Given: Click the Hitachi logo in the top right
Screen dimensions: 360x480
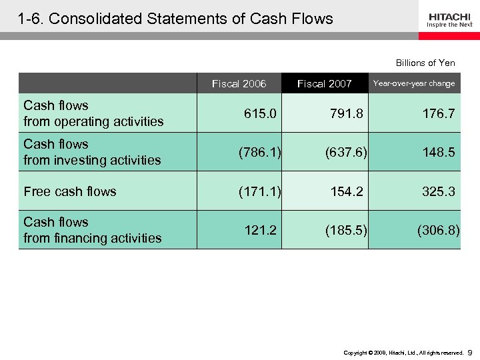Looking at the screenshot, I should (450, 20).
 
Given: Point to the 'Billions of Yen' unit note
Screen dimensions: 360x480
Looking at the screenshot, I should (425, 63).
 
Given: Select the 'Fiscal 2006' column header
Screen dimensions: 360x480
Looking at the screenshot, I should (239, 83).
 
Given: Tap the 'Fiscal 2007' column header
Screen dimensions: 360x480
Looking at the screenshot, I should (324, 83).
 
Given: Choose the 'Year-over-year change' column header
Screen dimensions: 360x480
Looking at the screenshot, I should (414, 83).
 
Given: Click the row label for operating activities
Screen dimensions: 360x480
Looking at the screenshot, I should (93, 113).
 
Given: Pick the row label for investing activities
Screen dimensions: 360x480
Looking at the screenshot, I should (92, 152).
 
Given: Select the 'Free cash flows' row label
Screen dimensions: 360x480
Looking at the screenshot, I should (70, 191).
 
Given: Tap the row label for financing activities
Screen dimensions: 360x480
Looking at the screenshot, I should (92, 230).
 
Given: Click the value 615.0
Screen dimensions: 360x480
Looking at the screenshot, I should (260, 114).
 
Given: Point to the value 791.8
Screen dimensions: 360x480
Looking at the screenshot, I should (347, 114).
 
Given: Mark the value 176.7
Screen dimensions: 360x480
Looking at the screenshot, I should (439, 114).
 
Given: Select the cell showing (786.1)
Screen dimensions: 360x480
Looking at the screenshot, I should (260, 153).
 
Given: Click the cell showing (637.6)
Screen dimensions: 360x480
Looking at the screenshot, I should (347, 153).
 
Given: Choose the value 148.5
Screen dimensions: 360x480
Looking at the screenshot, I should (439, 153).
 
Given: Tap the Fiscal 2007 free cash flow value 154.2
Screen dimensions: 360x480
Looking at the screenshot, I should (347, 191).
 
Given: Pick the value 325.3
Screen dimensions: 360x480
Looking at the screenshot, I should (439, 191).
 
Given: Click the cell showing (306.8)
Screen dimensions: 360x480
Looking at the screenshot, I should (438, 230).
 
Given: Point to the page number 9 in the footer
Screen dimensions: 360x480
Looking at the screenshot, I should (470, 351).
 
